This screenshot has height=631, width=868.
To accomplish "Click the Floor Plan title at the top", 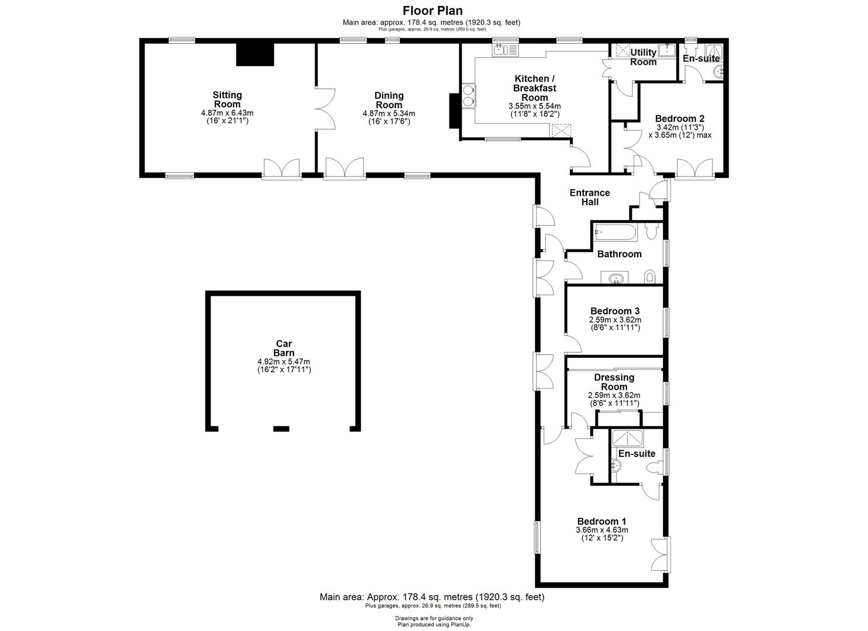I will tap(433, 11).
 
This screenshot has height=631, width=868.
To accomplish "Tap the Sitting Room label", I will tap(227, 99).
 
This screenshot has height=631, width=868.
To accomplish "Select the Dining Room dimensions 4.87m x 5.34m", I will tap(389, 113).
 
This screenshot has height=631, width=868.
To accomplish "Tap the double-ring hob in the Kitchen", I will tap(468, 96).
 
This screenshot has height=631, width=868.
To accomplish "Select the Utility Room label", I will tap(643, 57).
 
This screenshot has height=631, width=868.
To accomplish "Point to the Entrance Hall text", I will tap(590, 197).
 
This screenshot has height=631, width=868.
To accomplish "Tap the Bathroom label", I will tap(619, 254).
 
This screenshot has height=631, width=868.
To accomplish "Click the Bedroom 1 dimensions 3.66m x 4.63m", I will tap(601, 530).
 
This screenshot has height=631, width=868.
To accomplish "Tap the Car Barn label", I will tap(283, 348).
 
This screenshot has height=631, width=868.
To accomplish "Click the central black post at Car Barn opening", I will tap(281, 429).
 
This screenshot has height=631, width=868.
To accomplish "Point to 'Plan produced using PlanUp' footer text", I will tap(434, 625).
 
